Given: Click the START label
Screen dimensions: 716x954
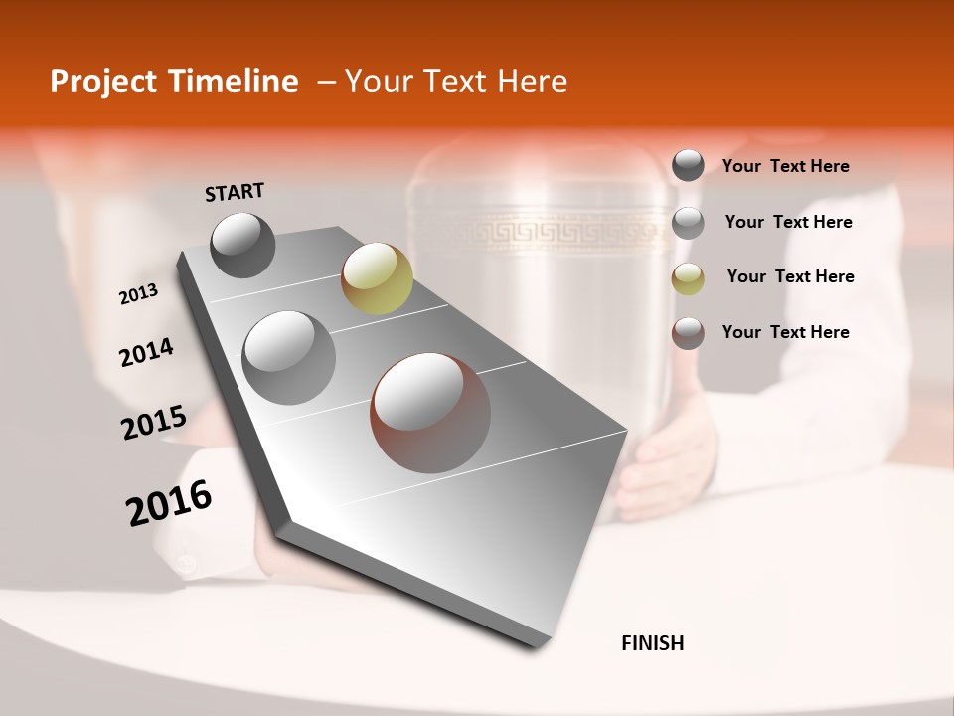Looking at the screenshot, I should (235, 192).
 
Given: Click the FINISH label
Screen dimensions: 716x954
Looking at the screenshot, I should (652, 643).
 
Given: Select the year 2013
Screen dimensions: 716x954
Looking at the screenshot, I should (138, 294).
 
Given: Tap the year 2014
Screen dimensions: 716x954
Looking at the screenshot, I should (146, 352).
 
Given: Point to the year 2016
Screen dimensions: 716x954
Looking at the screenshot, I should (169, 503).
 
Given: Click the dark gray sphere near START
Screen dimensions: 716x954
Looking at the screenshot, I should (242, 245).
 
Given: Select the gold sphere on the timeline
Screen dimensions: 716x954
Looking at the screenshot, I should (377, 278).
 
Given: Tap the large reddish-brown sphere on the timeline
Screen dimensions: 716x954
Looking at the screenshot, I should (430, 412).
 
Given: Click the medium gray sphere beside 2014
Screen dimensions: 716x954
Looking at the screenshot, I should (288, 357).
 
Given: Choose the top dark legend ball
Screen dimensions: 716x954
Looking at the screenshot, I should (688, 165).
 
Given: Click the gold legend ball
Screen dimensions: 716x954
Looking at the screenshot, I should (688, 277).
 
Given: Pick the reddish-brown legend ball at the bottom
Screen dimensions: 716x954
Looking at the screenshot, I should (688, 333).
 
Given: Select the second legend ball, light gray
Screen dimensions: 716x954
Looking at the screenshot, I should (688, 223).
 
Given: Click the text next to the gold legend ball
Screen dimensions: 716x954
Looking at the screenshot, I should (790, 276).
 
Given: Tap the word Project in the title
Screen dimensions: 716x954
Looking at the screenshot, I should (103, 82).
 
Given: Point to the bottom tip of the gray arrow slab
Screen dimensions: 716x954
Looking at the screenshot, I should (537, 644).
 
